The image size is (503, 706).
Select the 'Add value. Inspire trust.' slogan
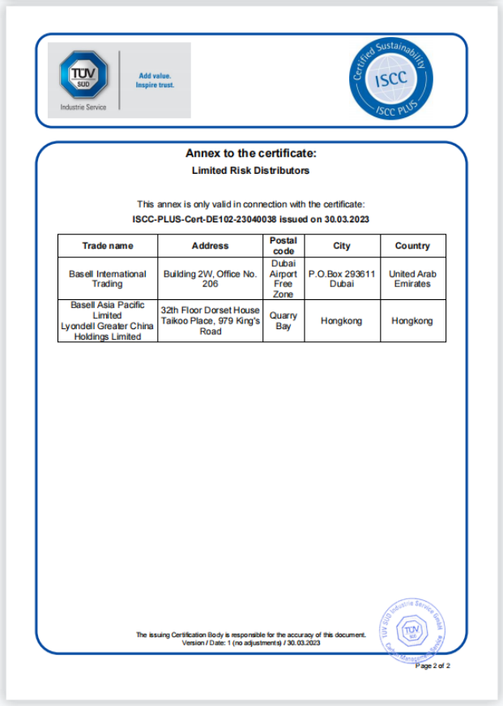coord(155,80)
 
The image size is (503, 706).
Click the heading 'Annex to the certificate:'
coord(250,153)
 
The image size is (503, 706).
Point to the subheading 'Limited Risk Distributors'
coord(250,171)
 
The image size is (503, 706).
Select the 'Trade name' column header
coord(108,246)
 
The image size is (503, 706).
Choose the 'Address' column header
coord(210,246)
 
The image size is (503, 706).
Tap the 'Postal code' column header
coord(283,246)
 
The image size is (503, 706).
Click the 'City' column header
coord(342,246)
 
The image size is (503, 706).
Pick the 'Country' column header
coord(412,246)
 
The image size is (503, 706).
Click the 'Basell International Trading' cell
coord(108,279)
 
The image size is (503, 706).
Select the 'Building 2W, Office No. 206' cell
coord(210,279)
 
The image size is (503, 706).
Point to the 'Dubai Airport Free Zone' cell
coord(283,279)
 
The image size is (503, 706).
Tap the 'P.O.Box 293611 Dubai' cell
coord(342,279)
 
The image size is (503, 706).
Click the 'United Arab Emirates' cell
coord(412,279)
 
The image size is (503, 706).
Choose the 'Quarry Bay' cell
coord(283,321)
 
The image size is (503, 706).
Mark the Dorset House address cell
coord(210,321)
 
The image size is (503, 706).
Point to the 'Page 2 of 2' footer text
coord(433,666)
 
